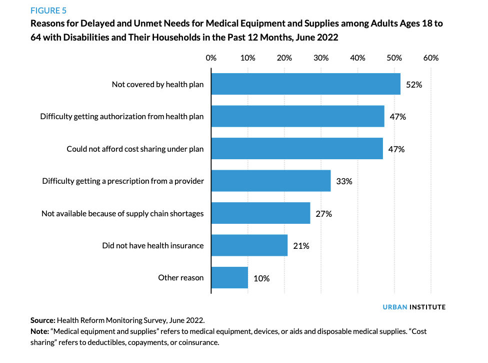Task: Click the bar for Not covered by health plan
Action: click(306, 84)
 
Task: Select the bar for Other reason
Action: click(229, 278)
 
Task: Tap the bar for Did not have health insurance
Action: click(249, 245)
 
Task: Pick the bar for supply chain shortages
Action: click(260, 213)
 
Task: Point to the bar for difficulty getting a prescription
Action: click(271, 181)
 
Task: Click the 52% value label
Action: click(414, 85)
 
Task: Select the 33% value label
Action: click(344, 181)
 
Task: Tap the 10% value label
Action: click(261, 278)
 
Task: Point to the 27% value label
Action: click(323, 214)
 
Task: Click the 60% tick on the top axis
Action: click(430, 58)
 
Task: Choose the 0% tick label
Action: click(211, 58)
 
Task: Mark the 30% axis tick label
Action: click(321, 58)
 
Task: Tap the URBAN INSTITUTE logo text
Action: click(410, 307)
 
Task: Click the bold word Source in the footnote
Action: click(42, 319)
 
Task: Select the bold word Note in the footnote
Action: click(39, 331)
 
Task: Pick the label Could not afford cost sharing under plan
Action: click(135, 149)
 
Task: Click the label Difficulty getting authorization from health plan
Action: click(122, 117)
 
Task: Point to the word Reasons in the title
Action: click(49, 24)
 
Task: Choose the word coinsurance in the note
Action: click(196, 342)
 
